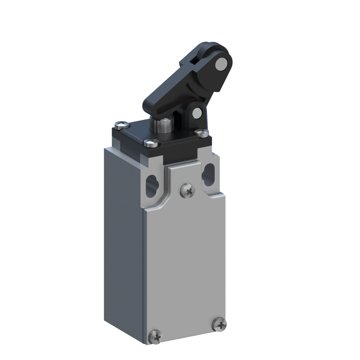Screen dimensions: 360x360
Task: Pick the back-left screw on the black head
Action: pyautogui.click(x=120, y=124)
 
